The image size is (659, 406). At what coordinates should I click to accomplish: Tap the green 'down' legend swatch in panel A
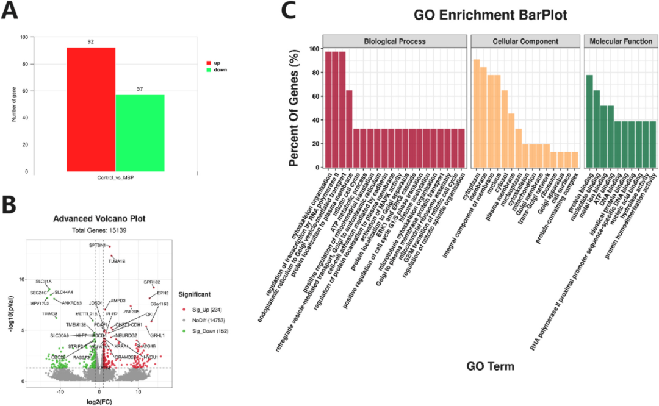[x=209, y=69]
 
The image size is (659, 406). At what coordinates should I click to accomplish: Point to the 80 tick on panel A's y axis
[x=24, y=64]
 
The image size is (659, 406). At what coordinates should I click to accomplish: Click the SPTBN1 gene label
[x=98, y=245]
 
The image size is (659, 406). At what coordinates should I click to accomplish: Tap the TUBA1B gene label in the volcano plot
[x=117, y=262]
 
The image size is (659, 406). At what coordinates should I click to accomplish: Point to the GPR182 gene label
[x=152, y=282]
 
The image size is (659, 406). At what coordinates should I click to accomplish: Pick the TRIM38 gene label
[x=49, y=313]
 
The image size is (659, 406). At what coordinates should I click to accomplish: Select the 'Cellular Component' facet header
[x=525, y=41]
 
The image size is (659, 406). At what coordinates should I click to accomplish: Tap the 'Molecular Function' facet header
[x=621, y=41]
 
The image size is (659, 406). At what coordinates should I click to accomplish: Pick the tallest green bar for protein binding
[x=589, y=121]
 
